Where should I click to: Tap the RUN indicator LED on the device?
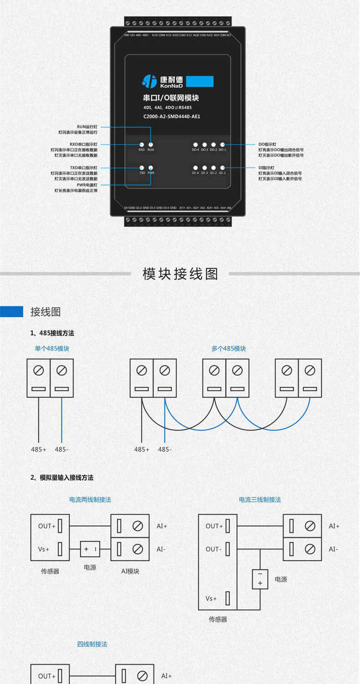(x=150, y=144)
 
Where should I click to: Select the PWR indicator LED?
(x=150, y=168)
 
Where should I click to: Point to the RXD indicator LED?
(x=142, y=144)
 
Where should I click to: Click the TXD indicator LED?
(x=142, y=168)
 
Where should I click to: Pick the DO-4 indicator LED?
(x=195, y=145)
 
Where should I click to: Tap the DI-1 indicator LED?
(x=222, y=168)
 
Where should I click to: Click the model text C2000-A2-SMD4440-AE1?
(x=172, y=117)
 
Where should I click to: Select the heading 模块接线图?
(x=180, y=274)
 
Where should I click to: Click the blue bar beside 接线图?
(x=11, y=311)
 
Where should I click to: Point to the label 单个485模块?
(x=52, y=348)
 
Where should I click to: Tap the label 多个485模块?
(x=228, y=348)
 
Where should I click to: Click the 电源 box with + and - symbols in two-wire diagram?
(x=90, y=549)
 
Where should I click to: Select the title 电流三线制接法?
(x=260, y=500)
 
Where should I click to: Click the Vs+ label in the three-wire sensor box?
(x=211, y=598)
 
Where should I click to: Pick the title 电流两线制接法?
(x=90, y=500)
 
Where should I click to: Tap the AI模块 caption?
(x=130, y=571)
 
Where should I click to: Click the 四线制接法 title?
(x=92, y=644)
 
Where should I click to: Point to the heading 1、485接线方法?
(x=52, y=333)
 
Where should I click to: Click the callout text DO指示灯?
(x=267, y=144)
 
